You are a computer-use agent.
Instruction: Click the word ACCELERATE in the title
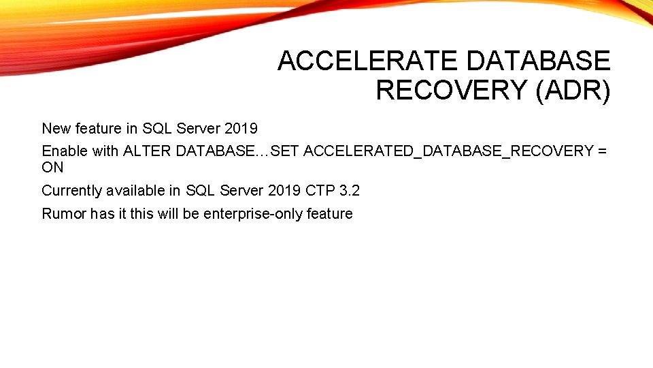(367, 61)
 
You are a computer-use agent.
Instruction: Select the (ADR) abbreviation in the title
(573, 90)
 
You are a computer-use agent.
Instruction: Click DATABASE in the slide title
(539, 61)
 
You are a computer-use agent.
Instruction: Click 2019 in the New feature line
(241, 128)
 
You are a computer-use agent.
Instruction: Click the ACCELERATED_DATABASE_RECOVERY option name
(448, 151)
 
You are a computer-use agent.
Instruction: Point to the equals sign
(602, 151)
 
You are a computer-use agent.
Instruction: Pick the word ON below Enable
(52, 167)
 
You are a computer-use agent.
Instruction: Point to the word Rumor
(64, 214)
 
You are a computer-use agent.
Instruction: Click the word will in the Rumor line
(168, 214)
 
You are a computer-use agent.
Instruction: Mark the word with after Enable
(105, 151)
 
